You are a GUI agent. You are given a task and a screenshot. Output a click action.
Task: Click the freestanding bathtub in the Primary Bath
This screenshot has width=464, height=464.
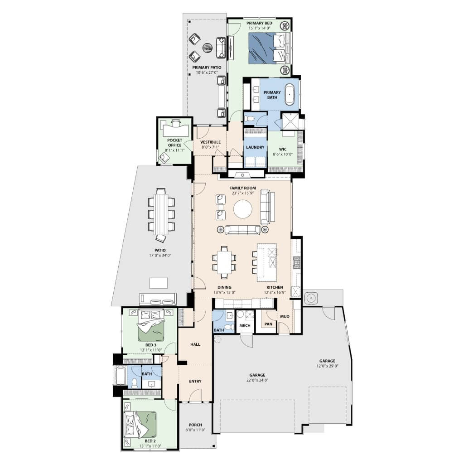pyautogui.click(x=290, y=94)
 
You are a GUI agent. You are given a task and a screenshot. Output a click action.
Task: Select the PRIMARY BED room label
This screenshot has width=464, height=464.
pyautogui.click(x=259, y=23)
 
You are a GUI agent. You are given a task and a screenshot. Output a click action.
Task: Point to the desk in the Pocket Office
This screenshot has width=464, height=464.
pyautogui.click(x=175, y=129)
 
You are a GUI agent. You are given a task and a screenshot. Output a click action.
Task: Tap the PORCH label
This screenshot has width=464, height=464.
pyautogui.click(x=195, y=425)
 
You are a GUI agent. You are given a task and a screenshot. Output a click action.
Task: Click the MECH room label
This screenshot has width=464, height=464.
pyautogui.click(x=245, y=325)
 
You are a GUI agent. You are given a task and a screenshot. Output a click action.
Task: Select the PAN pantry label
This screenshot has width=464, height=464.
pyautogui.click(x=268, y=324)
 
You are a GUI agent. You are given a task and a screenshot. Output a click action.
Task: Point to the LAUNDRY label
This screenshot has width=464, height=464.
pyautogui.click(x=255, y=147)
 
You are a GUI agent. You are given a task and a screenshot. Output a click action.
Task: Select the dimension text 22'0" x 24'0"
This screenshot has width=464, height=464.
pyautogui.click(x=257, y=380)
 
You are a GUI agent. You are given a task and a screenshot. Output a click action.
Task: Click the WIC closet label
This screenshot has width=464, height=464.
pyautogui.click(x=283, y=149)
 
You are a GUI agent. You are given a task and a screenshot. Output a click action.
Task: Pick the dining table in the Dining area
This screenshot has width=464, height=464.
pyautogui.click(x=224, y=262)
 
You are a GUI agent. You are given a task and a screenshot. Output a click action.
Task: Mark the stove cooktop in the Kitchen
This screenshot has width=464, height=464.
pyautogui.click(x=296, y=262)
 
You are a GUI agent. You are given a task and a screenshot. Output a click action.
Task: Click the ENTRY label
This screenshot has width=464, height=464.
pyautogui.click(x=195, y=381)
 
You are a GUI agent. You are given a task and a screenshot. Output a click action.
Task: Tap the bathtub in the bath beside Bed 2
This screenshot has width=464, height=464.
pyautogui.click(x=120, y=376)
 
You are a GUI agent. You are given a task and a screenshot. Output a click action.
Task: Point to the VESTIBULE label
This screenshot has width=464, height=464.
pyautogui.click(x=210, y=142)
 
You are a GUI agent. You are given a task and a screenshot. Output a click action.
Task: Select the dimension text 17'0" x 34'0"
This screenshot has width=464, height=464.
pyautogui.click(x=160, y=256)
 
